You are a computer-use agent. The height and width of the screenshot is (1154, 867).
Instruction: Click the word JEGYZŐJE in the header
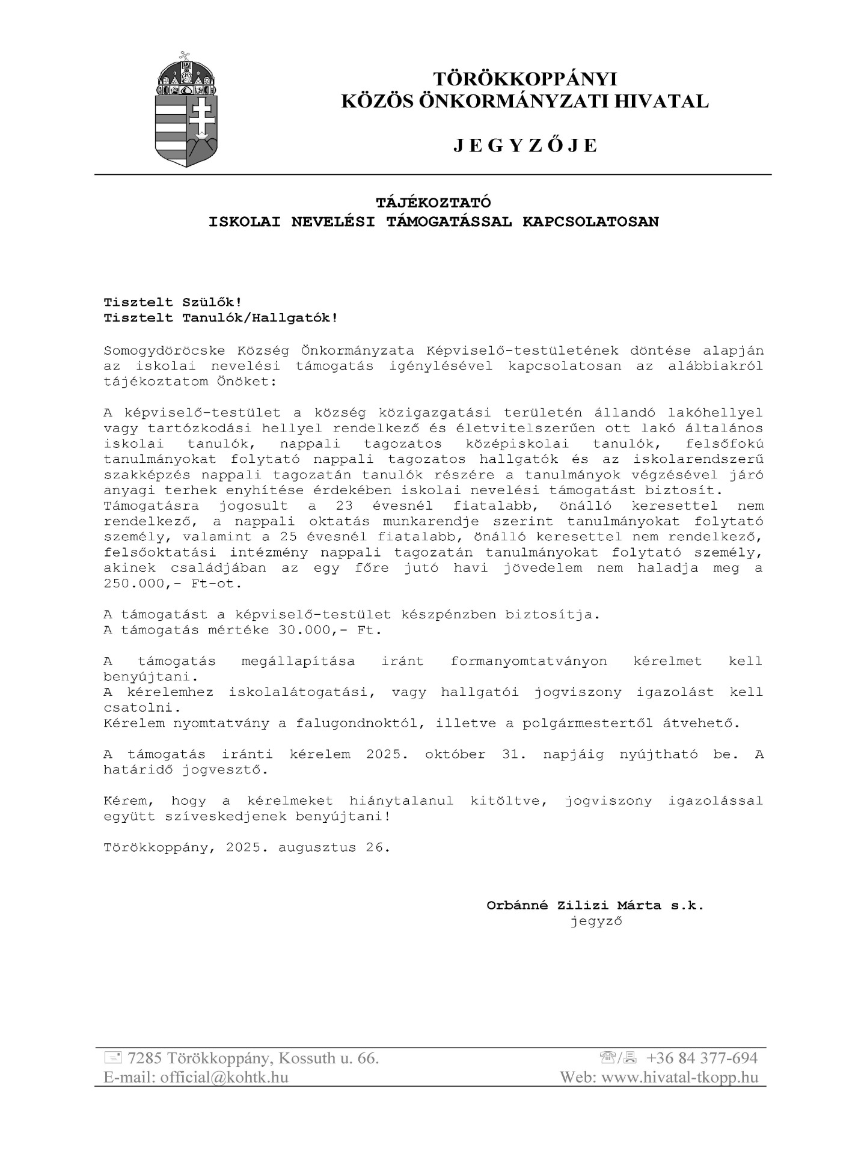[x=525, y=146]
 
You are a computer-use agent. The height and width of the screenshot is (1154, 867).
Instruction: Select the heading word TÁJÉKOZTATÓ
[x=433, y=202]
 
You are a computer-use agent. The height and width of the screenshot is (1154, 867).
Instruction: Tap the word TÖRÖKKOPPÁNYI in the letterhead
[x=525, y=79]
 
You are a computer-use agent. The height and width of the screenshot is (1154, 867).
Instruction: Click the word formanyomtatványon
[x=528, y=661]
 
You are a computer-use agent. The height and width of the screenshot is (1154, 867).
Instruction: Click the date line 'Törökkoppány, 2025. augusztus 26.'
[x=247, y=848]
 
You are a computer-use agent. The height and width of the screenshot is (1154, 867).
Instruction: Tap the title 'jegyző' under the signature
[x=596, y=921]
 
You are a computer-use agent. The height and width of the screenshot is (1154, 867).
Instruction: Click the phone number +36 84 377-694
[x=702, y=1058]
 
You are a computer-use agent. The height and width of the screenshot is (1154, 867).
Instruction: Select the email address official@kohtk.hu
[x=224, y=1077]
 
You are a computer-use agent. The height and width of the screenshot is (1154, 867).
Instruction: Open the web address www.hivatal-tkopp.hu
[x=679, y=1077]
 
